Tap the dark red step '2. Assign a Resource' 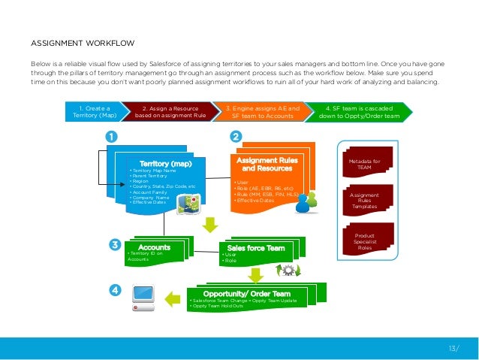pos(170,113)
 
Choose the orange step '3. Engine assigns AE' pos(262,113)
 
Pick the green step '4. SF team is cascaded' pos(359,113)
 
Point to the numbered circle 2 pos(236,137)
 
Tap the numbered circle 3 pos(115,244)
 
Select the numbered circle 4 pos(115,289)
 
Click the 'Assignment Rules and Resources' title pos(267,165)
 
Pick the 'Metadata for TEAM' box pos(365,165)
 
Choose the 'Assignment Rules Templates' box pos(365,201)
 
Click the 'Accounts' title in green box pos(155,247)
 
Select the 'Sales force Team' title pos(255,247)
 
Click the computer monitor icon pos(143,294)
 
